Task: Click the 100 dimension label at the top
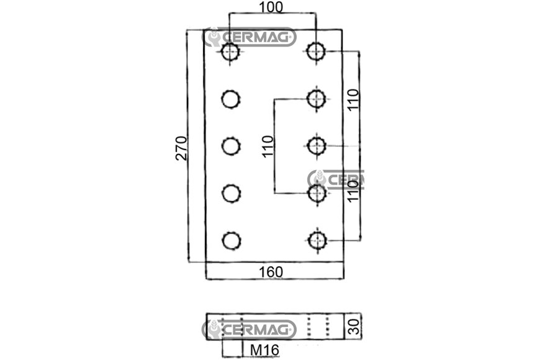(x=271, y=7)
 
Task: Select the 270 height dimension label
(x=181, y=148)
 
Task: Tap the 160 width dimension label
(x=271, y=272)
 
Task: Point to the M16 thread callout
(x=264, y=350)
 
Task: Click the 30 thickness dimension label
(x=354, y=326)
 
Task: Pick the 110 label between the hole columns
(x=268, y=146)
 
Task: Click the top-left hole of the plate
(x=230, y=52)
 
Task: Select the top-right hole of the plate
(x=316, y=52)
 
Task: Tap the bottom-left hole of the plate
(x=231, y=240)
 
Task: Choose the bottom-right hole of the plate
(x=317, y=240)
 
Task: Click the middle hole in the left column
(x=231, y=146)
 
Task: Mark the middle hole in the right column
(x=317, y=146)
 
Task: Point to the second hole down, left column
(x=230, y=99)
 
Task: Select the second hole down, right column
(x=316, y=99)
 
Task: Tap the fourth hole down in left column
(x=231, y=193)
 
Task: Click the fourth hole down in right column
(x=317, y=193)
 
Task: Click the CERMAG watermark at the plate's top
(x=249, y=37)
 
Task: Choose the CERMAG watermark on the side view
(x=249, y=329)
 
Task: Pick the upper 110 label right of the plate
(x=353, y=99)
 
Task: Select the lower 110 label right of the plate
(x=353, y=191)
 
